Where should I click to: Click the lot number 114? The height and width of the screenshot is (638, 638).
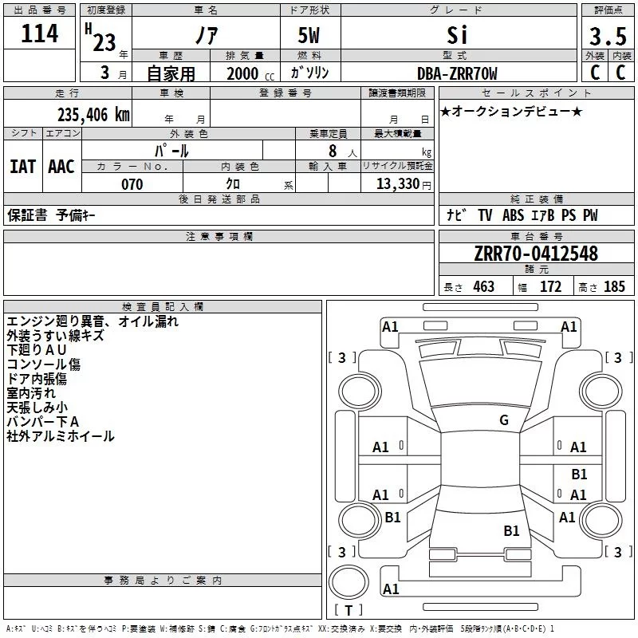tap(39, 33)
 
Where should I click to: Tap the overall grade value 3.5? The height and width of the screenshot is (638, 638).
tap(608, 37)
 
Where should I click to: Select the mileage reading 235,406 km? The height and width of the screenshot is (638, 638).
tap(93, 115)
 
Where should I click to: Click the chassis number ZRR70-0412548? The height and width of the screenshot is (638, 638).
tap(536, 254)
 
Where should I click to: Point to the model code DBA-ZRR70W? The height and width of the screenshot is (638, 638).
tap(457, 73)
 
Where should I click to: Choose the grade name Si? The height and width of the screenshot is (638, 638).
tap(457, 35)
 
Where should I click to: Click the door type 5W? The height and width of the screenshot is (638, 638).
tap(309, 35)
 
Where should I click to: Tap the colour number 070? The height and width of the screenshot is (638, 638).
tap(132, 184)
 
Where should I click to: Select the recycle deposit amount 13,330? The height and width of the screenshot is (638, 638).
tap(397, 184)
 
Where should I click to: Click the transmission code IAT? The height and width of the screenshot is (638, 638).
tap(23, 167)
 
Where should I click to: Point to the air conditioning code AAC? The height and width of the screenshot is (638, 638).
tap(61, 167)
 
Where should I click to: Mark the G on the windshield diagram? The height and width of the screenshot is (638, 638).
tap(504, 420)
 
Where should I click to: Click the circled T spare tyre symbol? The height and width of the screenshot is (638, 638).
tap(349, 582)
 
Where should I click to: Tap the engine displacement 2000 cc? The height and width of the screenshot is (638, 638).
tap(250, 73)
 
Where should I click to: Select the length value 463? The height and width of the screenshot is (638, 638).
tap(484, 286)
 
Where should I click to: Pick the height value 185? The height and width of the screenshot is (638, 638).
tap(614, 286)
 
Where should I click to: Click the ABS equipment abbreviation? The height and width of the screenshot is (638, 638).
tap(513, 215)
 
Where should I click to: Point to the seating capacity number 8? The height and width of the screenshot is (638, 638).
tap(333, 151)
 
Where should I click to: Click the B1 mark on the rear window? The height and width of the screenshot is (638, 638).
tap(511, 531)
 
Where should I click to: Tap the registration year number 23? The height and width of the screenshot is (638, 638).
tap(104, 42)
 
